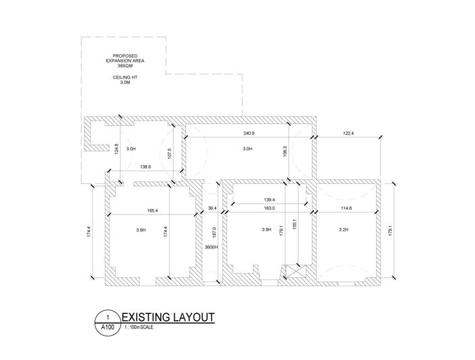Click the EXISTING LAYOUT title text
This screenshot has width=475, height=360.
(168, 317)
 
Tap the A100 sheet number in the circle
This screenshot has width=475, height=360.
(108, 328)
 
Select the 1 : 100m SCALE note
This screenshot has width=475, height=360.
(139, 328)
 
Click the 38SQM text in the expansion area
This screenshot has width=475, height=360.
(125, 66)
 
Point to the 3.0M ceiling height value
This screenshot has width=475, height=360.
(125, 83)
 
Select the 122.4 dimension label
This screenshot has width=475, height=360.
(348, 133)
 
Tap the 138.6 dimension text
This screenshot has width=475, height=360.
(145, 166)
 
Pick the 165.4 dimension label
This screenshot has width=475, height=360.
(152, 210)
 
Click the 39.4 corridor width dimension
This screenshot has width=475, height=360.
(212, 208)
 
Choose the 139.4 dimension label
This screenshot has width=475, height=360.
(269, 200)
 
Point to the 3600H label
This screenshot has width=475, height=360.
(211, 247)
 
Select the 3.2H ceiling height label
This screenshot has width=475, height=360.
(344, 229)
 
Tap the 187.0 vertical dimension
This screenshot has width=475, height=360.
(214, 232)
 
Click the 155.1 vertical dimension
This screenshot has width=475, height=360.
(294, 224)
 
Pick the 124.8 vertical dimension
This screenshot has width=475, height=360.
(117, 149)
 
